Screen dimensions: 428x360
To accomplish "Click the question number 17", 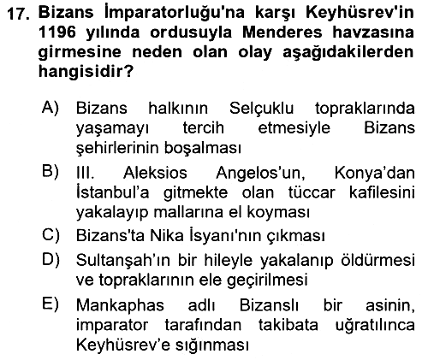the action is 18,14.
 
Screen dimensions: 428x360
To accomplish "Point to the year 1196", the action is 57,32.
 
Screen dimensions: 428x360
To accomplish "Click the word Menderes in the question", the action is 282,32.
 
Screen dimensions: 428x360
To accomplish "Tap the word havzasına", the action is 373,32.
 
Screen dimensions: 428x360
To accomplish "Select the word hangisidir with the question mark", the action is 86,72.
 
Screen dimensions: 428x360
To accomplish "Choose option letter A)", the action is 51,109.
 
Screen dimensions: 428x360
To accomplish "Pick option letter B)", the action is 51,172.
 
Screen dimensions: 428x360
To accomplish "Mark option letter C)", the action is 51,235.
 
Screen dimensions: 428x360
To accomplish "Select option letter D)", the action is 51,260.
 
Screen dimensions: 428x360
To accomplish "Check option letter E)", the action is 51,304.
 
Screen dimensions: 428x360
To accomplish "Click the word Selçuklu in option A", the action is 262,109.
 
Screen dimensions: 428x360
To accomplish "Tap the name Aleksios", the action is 155,173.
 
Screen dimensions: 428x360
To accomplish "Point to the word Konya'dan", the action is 375,173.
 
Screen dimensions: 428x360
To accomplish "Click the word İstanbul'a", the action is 112,192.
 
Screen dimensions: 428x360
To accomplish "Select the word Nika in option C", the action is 167,236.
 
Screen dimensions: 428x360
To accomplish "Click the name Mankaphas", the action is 120,305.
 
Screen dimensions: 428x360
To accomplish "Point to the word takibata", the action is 288,325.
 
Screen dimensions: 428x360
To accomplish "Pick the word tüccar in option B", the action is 312,192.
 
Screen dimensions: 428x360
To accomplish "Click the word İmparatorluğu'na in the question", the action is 175,13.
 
